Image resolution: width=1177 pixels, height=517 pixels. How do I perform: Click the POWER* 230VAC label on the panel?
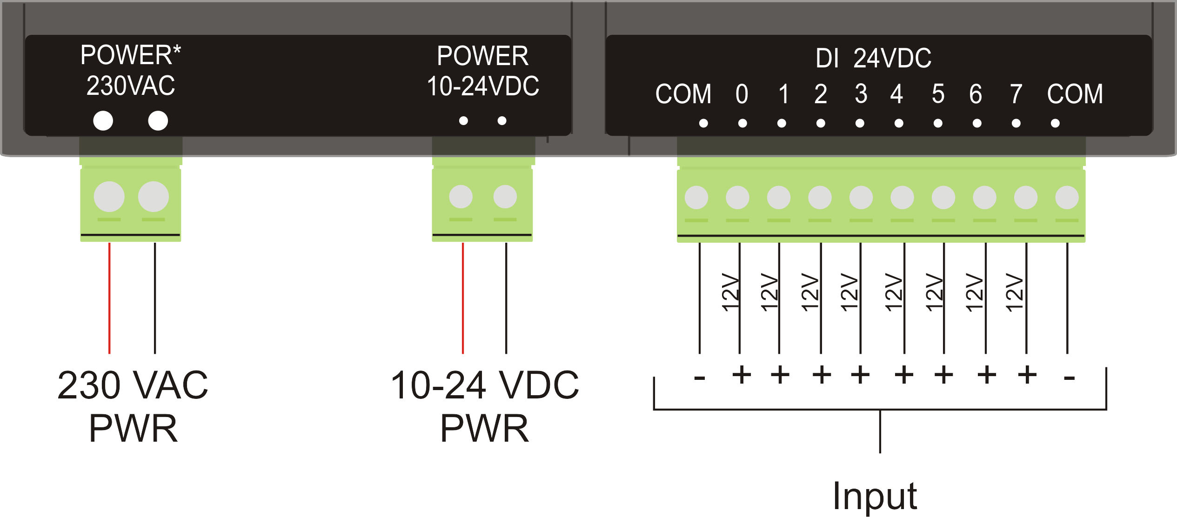pos(130,70)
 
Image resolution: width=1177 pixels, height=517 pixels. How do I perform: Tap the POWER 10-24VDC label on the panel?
pos(483,71)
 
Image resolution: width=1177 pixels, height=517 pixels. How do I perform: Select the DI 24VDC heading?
pos(873,59)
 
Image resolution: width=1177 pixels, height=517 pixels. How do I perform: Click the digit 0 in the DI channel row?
pos(742,94)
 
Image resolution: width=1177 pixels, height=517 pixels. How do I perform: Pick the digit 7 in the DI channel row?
pos(1016,94)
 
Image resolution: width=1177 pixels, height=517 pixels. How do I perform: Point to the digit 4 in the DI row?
pos(896,94)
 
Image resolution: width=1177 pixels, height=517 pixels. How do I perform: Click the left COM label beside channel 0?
pos(683,94)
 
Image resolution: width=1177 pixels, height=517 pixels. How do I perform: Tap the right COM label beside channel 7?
pos(1075,94)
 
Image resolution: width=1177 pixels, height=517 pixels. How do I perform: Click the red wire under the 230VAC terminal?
pos(109,298)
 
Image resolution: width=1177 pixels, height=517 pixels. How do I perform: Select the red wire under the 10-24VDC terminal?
pos(463,298)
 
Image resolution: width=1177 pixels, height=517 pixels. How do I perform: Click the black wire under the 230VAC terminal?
pos(155,298)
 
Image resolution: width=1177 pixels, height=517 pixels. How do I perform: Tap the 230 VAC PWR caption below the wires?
pos(133,406)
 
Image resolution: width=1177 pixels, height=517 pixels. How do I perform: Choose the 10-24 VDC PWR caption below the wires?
pos(485,406)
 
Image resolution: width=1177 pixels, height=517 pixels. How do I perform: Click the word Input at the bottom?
pos(875,497)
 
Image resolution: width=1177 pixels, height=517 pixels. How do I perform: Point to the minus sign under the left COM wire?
pos(699,378)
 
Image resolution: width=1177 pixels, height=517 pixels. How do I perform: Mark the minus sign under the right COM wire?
pos(1069,378)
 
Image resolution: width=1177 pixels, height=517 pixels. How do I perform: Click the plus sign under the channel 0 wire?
pos(742,375)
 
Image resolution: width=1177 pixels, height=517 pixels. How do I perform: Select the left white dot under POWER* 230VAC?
pos(103,121)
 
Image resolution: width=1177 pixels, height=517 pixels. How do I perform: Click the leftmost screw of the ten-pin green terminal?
pos(696,198)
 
